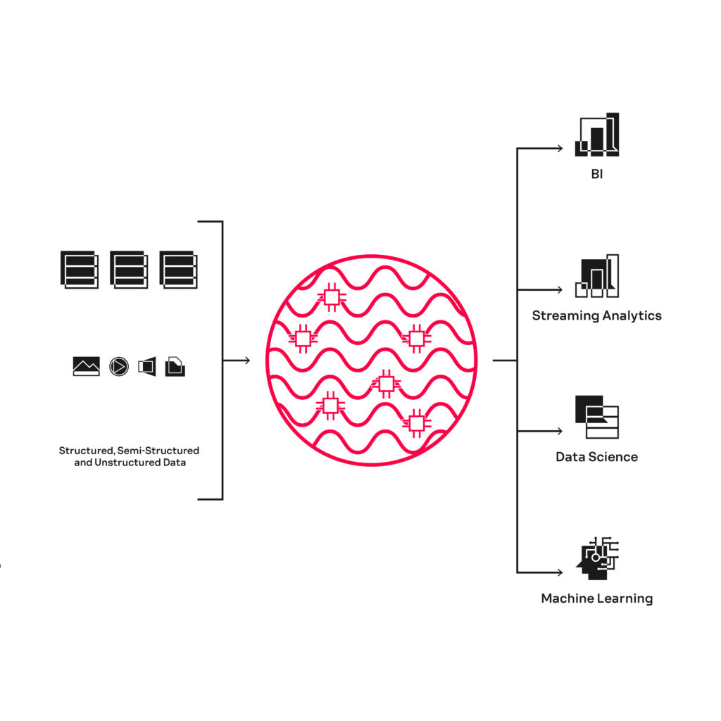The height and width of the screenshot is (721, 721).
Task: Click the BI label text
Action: tap(596, 174)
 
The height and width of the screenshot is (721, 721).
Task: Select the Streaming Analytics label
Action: tap(596, 315)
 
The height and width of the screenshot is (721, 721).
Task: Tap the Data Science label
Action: tap(596, 456)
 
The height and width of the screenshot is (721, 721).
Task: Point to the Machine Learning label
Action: tap(596, 598)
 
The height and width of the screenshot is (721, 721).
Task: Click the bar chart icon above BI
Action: tap(597, 134)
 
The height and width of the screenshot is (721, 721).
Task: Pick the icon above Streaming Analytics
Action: tap(597, 276)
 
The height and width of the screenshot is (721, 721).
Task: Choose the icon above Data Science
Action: tap(597, 417)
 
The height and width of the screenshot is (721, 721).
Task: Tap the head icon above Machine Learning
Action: tap(597, 558)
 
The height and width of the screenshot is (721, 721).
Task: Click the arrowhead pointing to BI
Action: tap(560, 148)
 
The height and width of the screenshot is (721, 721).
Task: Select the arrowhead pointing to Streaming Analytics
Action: tap(560, 289)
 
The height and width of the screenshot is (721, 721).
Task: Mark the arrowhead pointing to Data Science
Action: tap(560, 431)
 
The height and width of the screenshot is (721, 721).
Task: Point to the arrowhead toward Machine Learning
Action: tap(560, 572)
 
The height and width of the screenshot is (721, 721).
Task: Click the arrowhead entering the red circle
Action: tap(247, 360)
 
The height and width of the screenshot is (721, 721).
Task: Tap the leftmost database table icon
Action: tap(80, 270)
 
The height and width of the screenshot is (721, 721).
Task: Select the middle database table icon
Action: tap(130, 270)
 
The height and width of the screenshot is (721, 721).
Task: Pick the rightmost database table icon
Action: tap(178, 270)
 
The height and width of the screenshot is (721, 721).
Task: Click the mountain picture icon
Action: tap(87, 366)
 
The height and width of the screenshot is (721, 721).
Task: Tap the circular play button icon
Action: tap(119, 366)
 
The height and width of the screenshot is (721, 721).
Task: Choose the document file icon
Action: tap(175, 366)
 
